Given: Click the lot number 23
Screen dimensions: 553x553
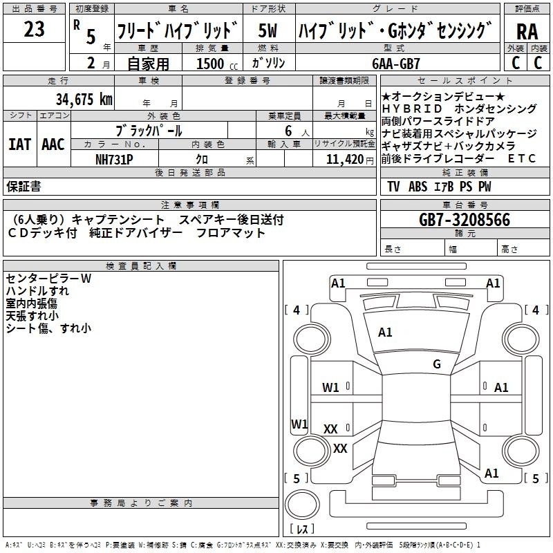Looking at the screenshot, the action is click(x=34, y=29).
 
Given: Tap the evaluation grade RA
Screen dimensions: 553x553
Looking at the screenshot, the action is click(x=527, y=32).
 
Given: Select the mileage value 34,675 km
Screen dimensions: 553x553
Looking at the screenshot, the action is click(x=84, y=99).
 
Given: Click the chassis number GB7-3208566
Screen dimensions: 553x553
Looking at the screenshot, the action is click(x=465, y=220).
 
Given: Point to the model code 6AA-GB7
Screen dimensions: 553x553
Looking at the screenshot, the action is click(x=396, y=64).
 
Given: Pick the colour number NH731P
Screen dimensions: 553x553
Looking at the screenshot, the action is click(x=114, y=160).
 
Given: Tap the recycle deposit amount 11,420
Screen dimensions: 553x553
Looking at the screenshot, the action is click(x=344, y=160).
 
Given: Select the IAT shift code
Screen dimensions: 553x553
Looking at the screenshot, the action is click(x=19, y=144).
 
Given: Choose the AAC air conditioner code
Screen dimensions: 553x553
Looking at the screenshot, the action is click(x=53, y=144).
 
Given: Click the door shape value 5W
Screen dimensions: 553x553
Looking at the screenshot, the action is click(x=268, y=30).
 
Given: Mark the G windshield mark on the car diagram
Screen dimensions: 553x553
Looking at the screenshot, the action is click(x=437, y=364).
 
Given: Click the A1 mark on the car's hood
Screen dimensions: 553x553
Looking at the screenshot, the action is click(x=385, y=332).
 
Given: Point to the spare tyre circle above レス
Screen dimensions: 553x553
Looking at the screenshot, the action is click(x=302, y=505).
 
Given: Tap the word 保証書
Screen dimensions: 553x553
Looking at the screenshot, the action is click(x=24, y=186).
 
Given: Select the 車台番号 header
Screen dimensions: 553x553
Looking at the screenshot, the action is click(x=465, y=205).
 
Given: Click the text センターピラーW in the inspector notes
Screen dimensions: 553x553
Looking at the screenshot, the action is click(x=48, y=279).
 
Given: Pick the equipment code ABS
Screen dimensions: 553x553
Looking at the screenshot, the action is click(x=418, y=187).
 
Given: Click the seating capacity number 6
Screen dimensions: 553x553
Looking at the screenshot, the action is click(x=288, y=131).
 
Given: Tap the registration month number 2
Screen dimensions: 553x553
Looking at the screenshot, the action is click(x=91, y=63).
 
